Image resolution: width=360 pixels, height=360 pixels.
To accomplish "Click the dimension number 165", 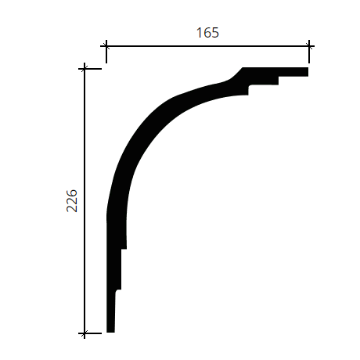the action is pos(207,33).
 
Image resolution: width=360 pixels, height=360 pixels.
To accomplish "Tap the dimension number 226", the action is pos(72,200).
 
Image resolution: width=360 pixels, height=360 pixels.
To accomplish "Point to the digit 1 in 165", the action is pos(199,33).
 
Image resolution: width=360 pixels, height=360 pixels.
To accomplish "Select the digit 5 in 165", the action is pos(215,33).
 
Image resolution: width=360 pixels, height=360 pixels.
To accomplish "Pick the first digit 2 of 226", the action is pos(72,208).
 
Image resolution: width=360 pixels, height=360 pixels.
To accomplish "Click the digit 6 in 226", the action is pos(72,193).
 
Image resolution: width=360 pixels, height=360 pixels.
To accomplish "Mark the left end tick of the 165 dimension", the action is pos(106,46).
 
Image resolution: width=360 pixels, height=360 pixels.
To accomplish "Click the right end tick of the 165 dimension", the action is pos(309,46).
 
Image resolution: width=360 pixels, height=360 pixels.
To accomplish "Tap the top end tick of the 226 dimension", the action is pos(85,69).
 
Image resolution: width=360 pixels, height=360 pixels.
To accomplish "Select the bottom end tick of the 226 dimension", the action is pos(85,333).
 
